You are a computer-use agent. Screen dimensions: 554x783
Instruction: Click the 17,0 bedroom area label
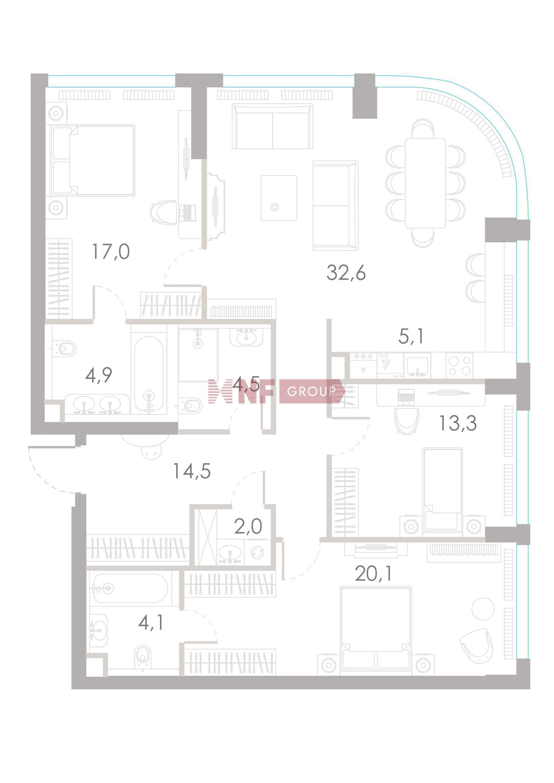[111, 252]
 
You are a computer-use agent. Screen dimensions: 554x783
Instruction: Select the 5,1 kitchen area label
[411, 336]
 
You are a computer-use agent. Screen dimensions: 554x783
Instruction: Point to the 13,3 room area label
[457, 423]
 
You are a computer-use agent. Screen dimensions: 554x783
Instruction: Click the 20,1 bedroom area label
[374, 574]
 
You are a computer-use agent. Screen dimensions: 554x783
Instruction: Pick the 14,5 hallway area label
[192, 471]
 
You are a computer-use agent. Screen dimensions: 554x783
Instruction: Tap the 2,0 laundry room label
[248, 527]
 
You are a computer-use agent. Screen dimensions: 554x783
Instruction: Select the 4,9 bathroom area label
[99, 375]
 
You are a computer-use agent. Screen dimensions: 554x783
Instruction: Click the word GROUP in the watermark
[311, 391]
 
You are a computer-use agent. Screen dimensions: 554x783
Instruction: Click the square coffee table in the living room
[279, 198]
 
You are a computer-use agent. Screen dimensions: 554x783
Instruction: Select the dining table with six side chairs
[425, 183]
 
